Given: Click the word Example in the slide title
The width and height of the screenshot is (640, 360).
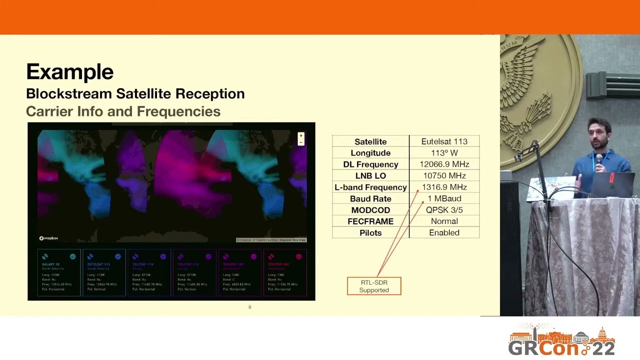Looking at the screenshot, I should pyautogui.click(x=69, y=72).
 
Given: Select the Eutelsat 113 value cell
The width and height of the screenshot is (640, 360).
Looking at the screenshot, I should pyautogui.click(x=444, y=141).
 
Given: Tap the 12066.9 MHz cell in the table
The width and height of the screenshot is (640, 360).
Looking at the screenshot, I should pyautogui.click(x=444, y=164).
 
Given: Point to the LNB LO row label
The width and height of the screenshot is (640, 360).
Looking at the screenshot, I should pyautogui.click(x=370, y=175).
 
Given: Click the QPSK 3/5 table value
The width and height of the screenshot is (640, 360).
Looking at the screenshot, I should pyautogui.click(x=444, y=210).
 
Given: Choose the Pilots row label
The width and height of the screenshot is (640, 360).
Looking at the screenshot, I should pyautogui.click(x=370, y=232).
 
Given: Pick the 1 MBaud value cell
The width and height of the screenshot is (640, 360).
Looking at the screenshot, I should pyautogui.click(x=444, y=198).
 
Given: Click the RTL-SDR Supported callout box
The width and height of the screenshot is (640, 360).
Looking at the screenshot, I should pyautogui.click(x=374, y=286).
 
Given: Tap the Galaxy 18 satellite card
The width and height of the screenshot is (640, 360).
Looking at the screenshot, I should pyautogui.click(x=59, y=272).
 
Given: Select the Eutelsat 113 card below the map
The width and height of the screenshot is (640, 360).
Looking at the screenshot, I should pyautogui.click(x=104, y=272).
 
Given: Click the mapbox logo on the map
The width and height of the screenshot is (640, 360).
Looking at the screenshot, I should pyautogui.click(x=49, y=238).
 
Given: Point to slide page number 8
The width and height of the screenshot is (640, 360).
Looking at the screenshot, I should pyautogui.click(x=250, y=307).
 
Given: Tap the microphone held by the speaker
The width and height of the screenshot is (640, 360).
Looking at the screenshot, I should pyautogui.click(x=599, y=160).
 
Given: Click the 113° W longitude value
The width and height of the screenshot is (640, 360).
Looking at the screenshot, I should pyautogui.click(x=444, y=153).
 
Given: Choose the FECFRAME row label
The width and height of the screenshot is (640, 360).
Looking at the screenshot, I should pyautogui.click(x=370, y=221).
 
